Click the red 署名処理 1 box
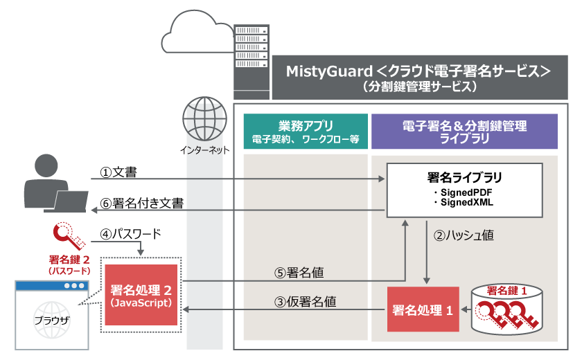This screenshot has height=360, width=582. (423, 309)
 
